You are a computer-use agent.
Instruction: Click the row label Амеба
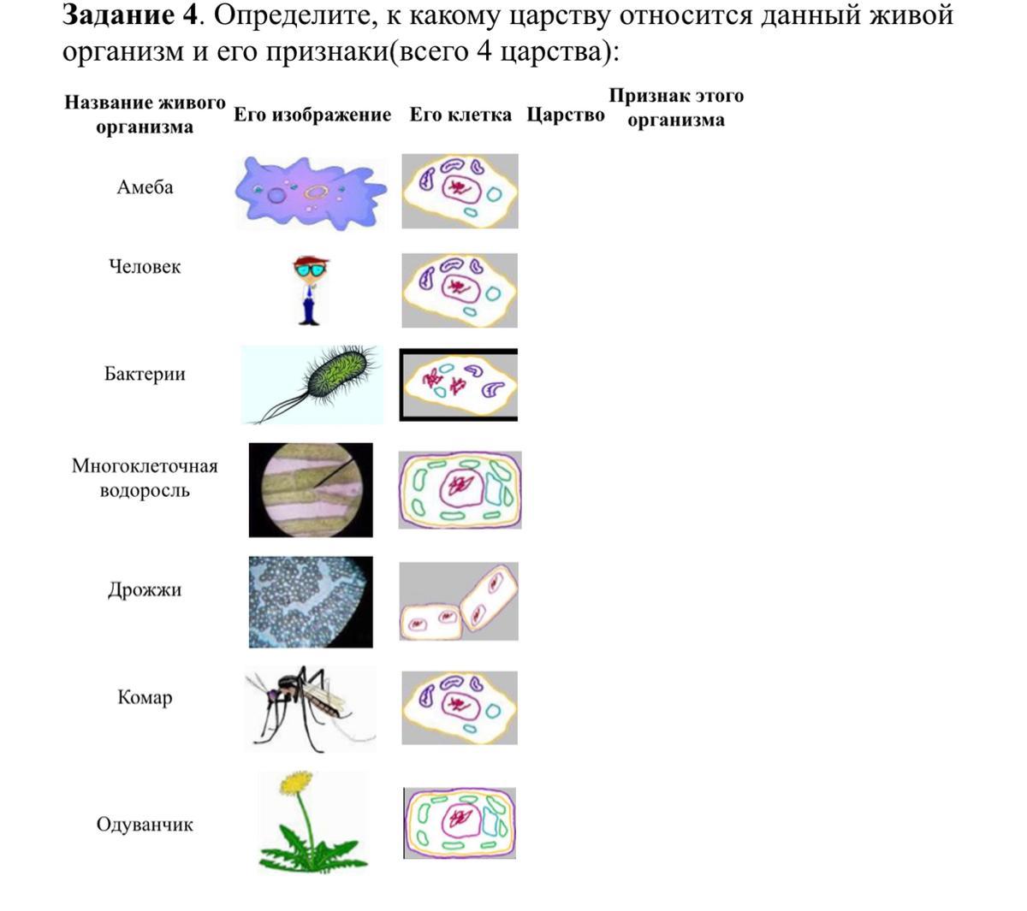(145, 187)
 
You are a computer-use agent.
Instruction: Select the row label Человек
(145, 267)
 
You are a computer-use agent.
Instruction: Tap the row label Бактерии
(145, 374)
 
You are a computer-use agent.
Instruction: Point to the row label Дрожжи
(145, 589)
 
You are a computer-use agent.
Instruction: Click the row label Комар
(145, 698)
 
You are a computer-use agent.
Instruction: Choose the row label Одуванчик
(145, 825)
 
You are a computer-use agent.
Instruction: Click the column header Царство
(565, 115)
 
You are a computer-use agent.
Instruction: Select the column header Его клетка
(460, 115)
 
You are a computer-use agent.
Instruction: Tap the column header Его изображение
(312, 115)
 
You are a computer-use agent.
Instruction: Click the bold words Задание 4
(130, 15)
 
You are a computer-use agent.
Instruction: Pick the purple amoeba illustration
(311, 192)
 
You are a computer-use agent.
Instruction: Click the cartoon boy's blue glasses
(310, 270)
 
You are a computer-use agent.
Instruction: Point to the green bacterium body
(338, 374)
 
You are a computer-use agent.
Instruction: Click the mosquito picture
(310, 709)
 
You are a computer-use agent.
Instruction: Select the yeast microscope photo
(310, 602)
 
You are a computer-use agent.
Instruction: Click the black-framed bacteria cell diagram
(459, 385)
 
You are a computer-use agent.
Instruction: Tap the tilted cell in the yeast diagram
(489, 599)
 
